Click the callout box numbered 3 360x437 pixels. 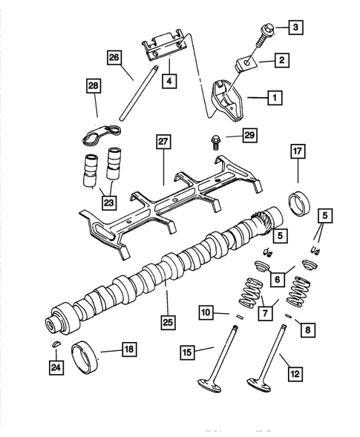(296, 28)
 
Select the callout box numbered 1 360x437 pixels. (275, 96)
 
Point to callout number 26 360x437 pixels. (114, 56)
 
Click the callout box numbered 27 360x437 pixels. (163, 141)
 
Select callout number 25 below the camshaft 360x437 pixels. (168, 323)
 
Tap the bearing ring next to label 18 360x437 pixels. (85, 360)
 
